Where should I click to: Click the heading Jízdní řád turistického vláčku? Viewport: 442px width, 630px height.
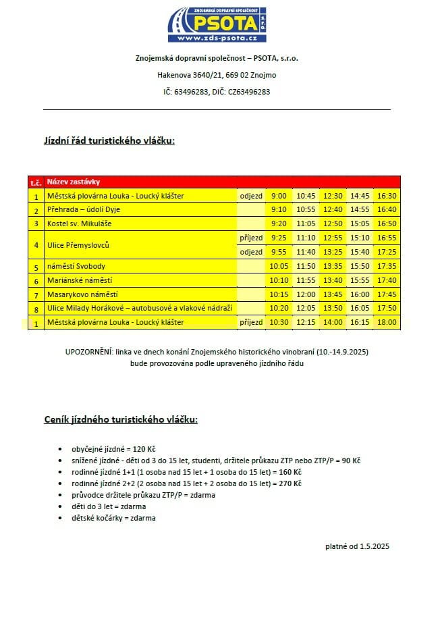pos(109,140)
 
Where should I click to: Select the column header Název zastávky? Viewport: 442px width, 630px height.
pos(74,182)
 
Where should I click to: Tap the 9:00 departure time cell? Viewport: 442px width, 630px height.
pos(279,196)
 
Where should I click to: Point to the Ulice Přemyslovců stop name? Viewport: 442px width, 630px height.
pos(78,244)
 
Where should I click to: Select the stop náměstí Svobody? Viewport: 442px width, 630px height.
pos(76,266)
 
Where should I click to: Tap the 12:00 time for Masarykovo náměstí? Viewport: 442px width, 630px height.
pos(306,294)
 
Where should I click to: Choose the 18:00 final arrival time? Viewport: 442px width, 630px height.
pos(387,323)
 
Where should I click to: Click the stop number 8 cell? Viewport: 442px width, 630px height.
pos(36,309)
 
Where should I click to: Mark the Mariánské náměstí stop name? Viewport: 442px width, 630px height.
pos(80,280)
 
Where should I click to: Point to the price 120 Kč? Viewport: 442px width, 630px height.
pos(142,448)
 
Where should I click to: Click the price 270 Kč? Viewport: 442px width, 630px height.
pos(289,483)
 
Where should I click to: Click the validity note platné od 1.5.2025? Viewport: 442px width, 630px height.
pos(357,546)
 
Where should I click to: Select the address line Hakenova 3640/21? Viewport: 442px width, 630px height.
pos(217,75)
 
